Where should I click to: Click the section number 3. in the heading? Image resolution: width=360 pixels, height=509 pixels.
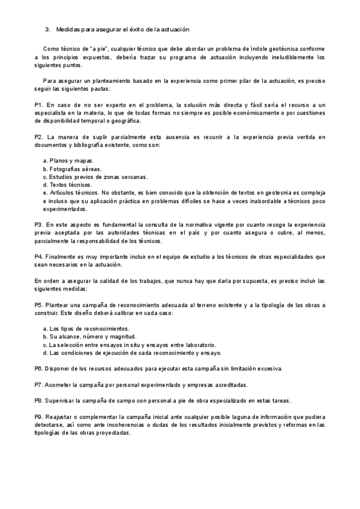pos(47,29)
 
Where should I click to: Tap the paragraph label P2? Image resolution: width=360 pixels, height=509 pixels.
pos(38,137)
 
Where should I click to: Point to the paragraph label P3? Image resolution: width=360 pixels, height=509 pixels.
pos(38,223)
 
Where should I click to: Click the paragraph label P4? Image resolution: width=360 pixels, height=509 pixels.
pos(38,256)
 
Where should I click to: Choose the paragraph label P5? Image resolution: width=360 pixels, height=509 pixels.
pos(38,305)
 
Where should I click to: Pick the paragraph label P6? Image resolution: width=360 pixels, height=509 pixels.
pos(38,369)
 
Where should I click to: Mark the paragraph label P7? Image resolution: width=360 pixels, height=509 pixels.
pos(38,384)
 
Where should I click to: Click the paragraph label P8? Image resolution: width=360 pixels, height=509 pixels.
pos(38,400)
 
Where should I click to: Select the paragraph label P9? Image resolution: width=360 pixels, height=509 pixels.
pos(38,416)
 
